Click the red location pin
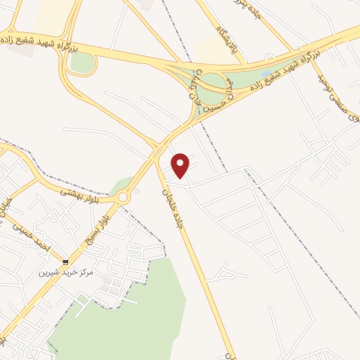coord(181,165)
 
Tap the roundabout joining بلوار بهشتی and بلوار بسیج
coord(124,198)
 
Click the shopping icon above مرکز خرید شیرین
coord(65,262)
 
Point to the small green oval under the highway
coord(82,63)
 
